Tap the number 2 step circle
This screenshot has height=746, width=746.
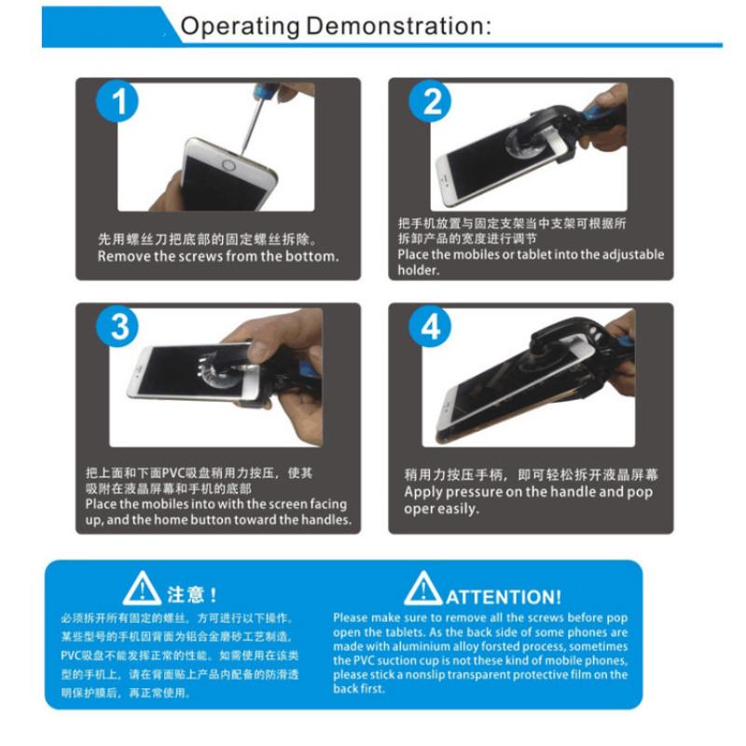point(430,102)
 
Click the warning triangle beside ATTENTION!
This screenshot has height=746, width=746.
point(422,589)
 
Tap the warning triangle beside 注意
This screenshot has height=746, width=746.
point(142,590)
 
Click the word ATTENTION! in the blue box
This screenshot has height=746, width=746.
point(503,597)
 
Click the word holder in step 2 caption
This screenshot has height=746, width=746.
point(418,270)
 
